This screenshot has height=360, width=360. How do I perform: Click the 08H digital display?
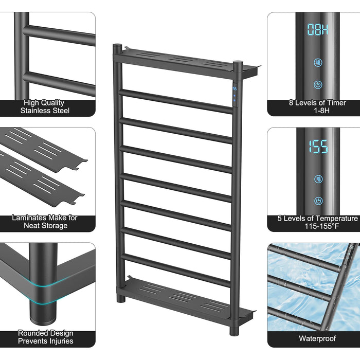tap(318, 30)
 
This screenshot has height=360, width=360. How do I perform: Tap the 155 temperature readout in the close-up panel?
tap(318, 147)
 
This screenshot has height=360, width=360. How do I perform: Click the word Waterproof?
tap(317, 338)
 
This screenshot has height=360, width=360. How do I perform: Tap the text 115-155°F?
tap(321, 226)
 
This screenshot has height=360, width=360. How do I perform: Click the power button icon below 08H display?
tap(318, 85)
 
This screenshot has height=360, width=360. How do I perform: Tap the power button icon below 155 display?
tap(318, 201)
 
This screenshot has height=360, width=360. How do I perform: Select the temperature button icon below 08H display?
tap(318, 62)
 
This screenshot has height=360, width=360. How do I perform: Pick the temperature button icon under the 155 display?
tap(318, 179)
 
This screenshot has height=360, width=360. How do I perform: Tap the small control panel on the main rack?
tap(235, 94)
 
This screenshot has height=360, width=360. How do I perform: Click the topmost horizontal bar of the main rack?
tap(176, 101)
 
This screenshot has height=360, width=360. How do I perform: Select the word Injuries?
tap(60, 341)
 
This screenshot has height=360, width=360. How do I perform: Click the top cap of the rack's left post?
tap(117, 45)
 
